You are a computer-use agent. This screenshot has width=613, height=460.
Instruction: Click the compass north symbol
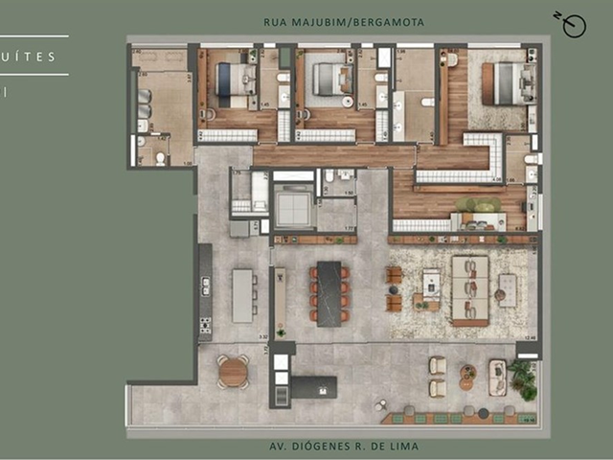573,26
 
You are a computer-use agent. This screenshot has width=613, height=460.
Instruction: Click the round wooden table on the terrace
233,372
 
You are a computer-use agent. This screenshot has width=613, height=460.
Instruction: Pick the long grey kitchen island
242,295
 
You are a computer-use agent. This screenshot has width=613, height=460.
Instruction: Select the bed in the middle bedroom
331,79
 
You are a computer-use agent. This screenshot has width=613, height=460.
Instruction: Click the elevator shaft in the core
293,205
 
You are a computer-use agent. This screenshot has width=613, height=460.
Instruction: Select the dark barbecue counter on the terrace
314,387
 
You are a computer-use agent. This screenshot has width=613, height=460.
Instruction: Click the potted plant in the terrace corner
523,379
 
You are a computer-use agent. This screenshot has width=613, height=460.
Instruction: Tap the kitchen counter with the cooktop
205,293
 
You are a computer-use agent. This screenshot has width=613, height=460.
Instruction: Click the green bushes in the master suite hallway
479,204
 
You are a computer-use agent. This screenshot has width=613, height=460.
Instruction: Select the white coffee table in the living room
431,282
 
